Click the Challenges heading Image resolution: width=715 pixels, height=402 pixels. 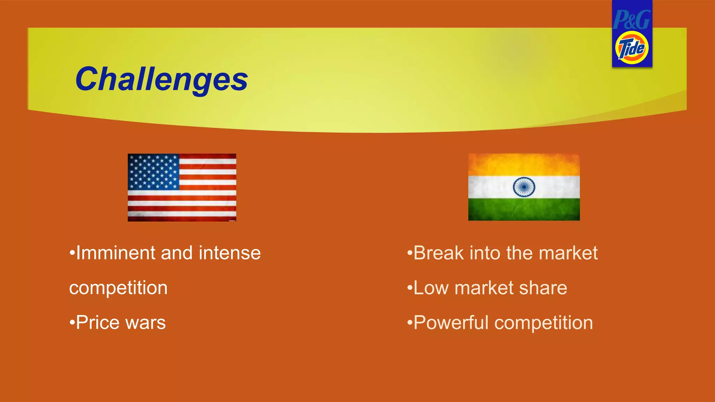161,80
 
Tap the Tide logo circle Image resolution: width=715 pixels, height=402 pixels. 632,48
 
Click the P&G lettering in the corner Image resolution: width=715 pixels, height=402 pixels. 632,20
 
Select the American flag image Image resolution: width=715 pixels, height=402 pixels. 182,187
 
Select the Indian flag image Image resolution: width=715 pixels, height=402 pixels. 524,187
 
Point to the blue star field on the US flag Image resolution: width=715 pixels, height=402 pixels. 154,172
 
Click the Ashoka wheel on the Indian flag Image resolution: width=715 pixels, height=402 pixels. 524,187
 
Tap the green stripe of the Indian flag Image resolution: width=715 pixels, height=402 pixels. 524,209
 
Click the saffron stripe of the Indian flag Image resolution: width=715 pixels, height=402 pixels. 524,165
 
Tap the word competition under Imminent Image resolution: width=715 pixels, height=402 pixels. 118,288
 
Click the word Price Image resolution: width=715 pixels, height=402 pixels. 98,322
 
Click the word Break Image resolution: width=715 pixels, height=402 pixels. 438,253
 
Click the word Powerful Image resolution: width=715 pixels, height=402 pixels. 451,323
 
